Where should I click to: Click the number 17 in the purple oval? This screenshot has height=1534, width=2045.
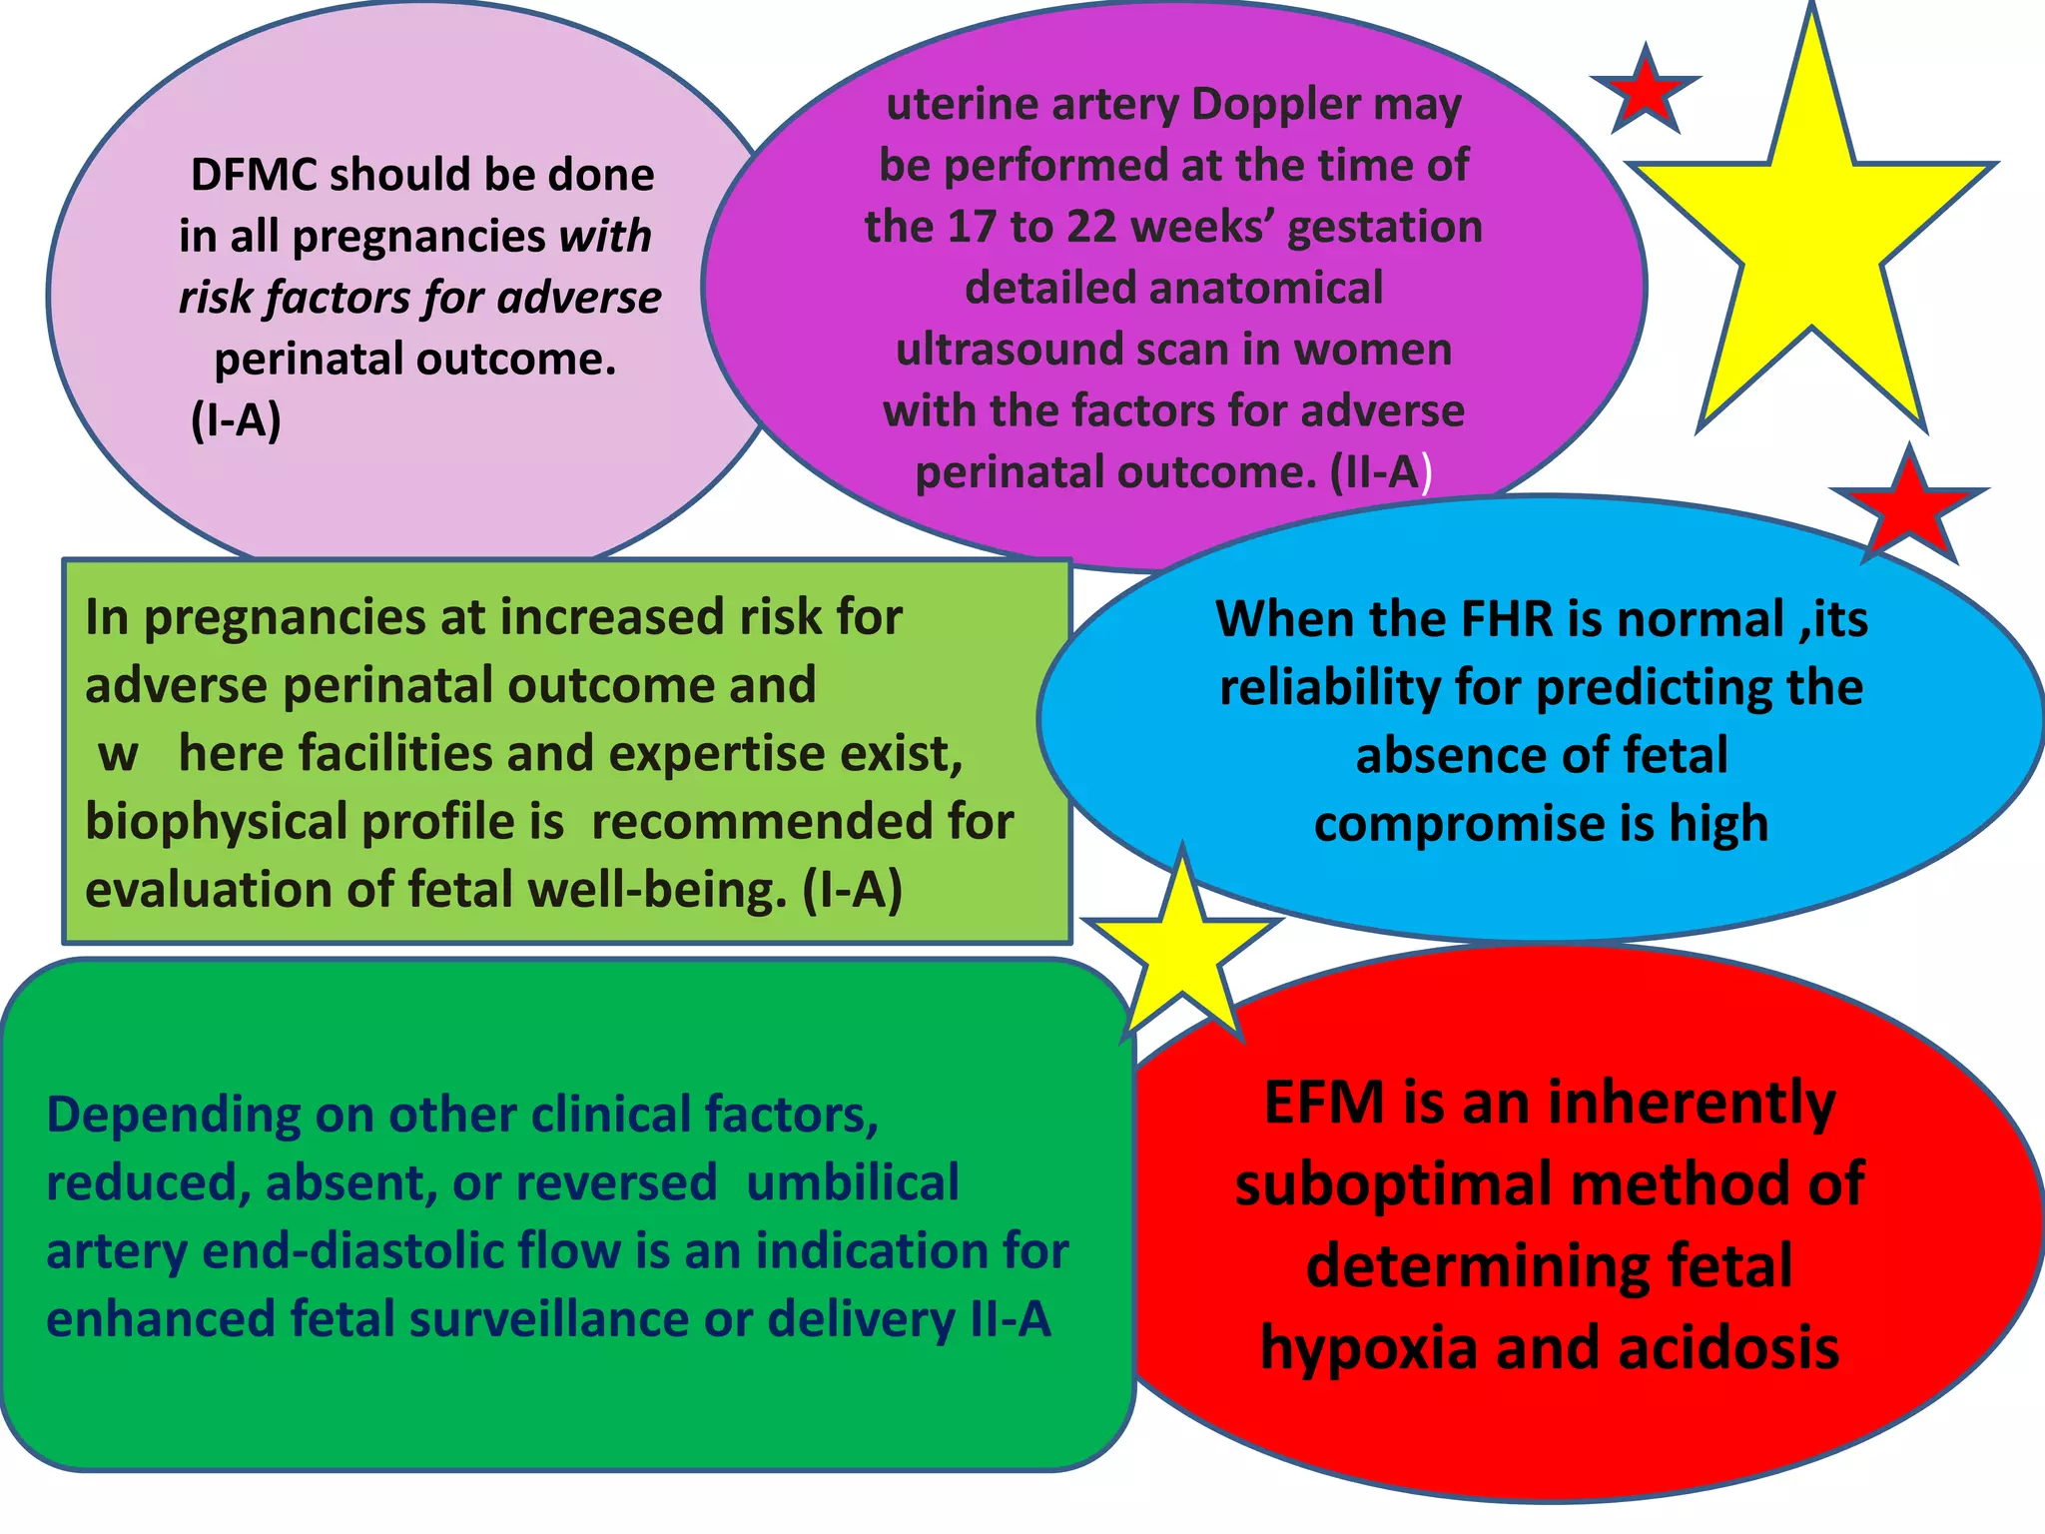tap(973, 227)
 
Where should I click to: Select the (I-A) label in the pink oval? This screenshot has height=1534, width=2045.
tap(236, 420)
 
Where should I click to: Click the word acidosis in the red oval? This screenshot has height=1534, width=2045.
tap(1728, 1348)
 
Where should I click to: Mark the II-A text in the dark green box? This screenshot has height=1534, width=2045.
tap(1011, 1319)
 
